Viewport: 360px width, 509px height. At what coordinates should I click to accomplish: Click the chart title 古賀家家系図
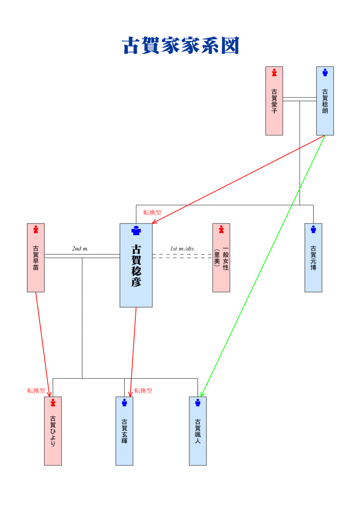click(180, 46)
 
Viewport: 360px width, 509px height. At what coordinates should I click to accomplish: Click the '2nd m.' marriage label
click(80, 249)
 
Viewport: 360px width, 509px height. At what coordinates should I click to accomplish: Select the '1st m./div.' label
click(182, 249)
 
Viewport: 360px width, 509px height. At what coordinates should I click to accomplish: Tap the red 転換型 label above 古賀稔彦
click(152, 213)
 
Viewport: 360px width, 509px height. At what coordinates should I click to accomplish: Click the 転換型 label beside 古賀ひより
click(36, 391)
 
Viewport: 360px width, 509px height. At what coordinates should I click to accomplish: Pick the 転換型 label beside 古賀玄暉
click(143, 391)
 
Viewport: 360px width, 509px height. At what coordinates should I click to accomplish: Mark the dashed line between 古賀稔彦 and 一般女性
click(182, 256)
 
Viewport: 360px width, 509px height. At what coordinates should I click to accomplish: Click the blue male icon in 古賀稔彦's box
click(136, 231)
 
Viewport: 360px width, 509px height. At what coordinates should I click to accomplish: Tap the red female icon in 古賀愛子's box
click(274, 72)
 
